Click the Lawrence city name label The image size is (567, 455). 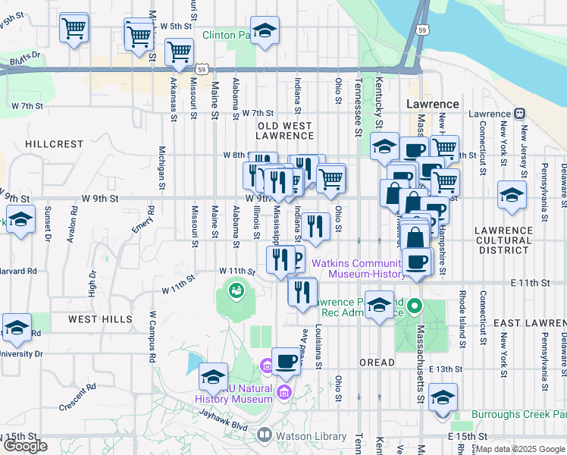coord(433,104)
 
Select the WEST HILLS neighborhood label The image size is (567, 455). coord(100,319)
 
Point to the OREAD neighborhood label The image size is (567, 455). coord(377,362)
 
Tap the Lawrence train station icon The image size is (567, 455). coord(520,114)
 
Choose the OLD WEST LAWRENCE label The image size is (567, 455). coord(284,130)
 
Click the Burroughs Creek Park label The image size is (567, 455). coord(519,414)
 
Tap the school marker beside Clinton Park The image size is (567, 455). coord(264,31)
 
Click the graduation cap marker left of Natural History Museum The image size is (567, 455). coord(214,377)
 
